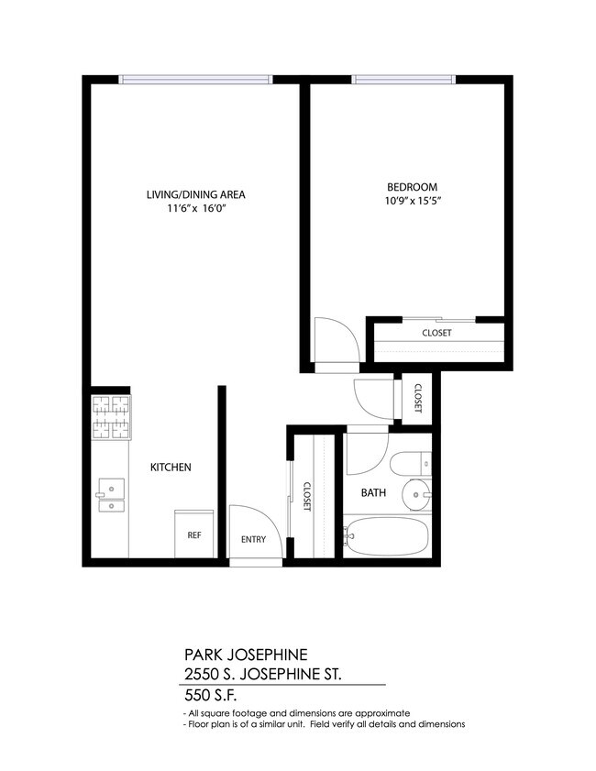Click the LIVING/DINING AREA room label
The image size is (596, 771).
tap(196, 194)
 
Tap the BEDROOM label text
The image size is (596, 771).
tap(412, 186)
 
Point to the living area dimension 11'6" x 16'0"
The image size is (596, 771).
tap(196, 209)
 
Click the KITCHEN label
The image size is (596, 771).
tap(171, 468)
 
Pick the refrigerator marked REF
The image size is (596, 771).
tap(194, 535)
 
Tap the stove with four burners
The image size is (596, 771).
tap(110, 418)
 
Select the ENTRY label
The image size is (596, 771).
tap(253, 539)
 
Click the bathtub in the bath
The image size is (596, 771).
tap(386, 536)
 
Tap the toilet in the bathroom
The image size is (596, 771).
tap(406, 464)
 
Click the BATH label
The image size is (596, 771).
tap(373, 493)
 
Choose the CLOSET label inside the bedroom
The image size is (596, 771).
tap(436, 333)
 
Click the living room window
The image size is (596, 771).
tap(195, 80)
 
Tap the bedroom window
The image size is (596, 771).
tap(403, 80)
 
